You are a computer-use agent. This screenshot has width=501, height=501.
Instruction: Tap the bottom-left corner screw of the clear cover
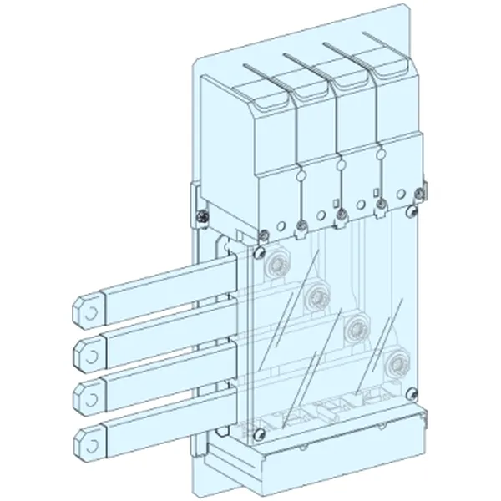tap(261, 433)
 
